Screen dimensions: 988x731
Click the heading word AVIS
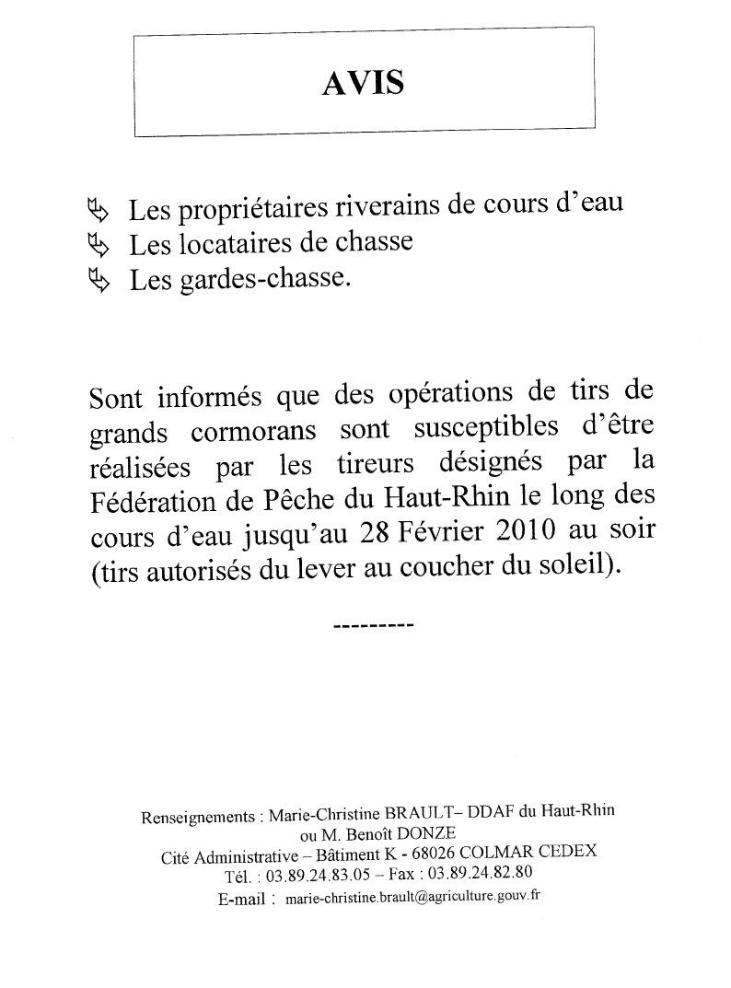[364, 83]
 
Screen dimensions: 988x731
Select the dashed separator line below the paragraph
[372, 626]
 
